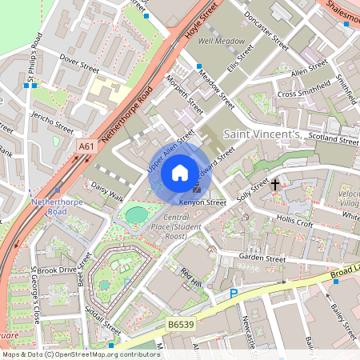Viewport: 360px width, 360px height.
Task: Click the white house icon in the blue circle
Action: point(180,171)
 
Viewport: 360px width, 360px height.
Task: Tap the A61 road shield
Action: point(87,146)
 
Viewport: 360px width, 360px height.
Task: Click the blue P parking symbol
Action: point(234,294)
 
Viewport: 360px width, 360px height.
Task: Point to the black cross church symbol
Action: point(275,185)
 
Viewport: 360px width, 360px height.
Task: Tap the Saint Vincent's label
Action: point(261,133)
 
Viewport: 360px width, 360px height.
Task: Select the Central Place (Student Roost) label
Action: point(164,226)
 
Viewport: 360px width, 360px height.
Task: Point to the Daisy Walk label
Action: point(107,191)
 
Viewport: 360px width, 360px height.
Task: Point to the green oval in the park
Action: point(137,214)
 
